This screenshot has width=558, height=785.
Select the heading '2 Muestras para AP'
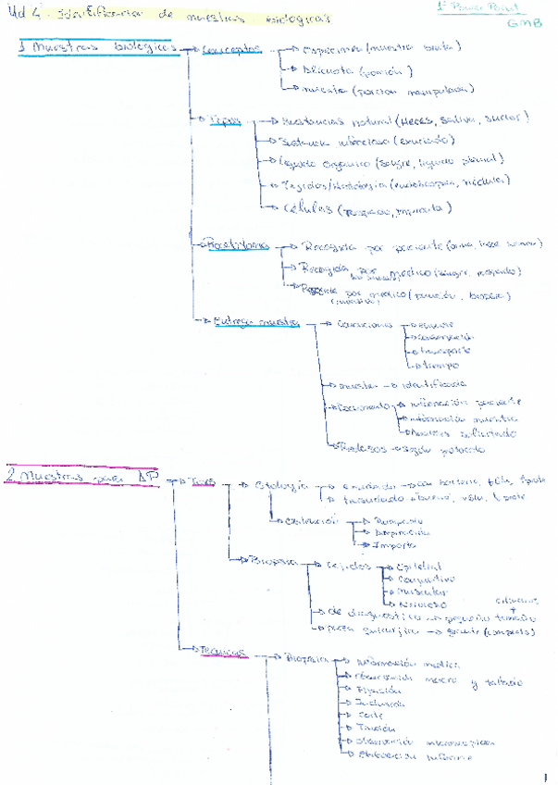click(79, 476)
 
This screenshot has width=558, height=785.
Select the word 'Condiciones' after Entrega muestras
click(366, 327)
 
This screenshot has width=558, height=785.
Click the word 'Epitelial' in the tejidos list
click(418, 566)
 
